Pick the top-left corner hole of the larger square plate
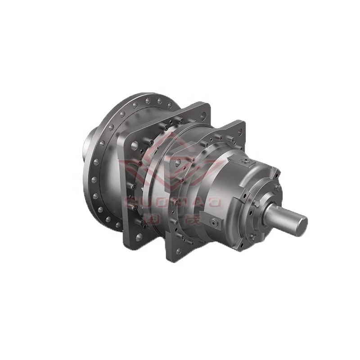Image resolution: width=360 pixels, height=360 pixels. tap(135, 145)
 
